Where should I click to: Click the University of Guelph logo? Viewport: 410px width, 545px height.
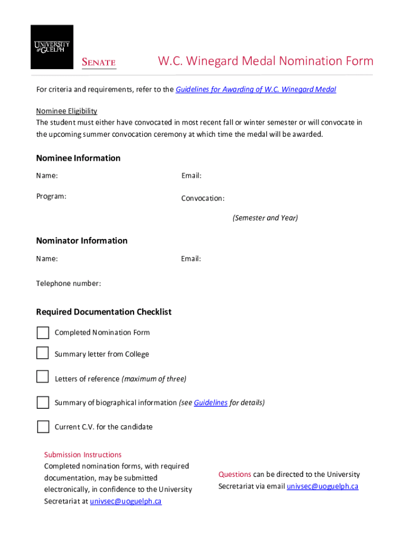52,47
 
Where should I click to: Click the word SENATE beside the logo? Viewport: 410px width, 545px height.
99,62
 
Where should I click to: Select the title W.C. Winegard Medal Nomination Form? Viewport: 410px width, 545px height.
265,61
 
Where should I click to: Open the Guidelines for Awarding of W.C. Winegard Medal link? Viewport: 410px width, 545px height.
256,89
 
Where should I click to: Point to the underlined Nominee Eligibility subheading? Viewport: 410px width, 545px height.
67,111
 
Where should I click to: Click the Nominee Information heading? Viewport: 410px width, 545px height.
78,158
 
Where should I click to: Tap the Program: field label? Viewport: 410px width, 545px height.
51,196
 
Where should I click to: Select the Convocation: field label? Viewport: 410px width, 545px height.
203,199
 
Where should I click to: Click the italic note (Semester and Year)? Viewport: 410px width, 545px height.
265,218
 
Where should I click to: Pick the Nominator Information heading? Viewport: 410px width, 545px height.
81,241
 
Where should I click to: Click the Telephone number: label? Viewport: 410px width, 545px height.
68,284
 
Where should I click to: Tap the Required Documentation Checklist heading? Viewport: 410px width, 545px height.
104,312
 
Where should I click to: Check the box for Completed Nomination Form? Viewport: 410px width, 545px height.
43,333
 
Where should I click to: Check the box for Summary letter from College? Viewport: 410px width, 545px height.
43,353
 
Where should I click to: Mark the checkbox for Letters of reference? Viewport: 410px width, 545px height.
43,377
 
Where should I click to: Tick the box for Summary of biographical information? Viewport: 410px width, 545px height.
43,403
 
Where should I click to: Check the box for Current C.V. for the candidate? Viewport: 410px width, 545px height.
43,427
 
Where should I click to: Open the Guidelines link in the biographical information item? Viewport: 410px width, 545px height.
210,403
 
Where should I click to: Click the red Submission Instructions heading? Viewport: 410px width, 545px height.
83,455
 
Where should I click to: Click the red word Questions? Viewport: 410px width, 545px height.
235,474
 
